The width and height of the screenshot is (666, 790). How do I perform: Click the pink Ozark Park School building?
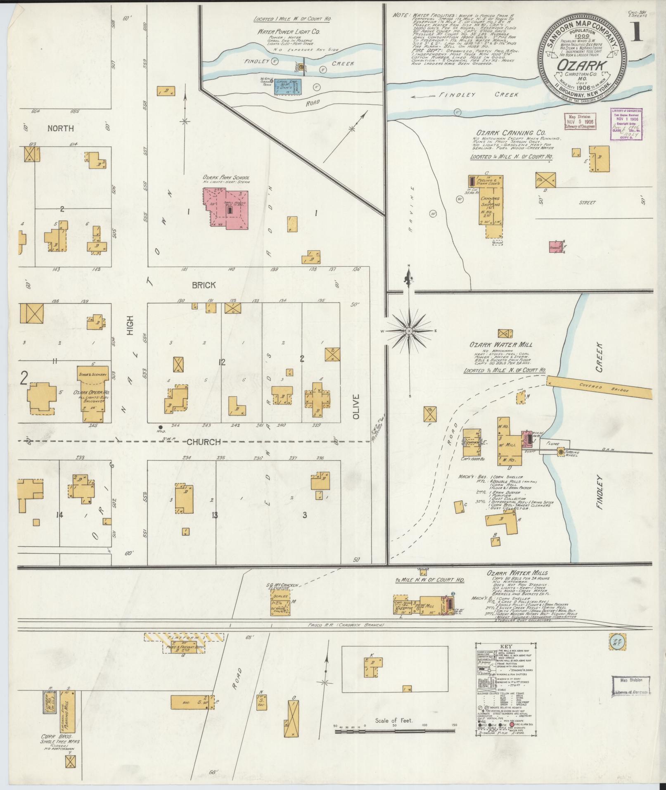225,208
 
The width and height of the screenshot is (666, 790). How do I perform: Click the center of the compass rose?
409,331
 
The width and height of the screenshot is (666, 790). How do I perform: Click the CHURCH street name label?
203,442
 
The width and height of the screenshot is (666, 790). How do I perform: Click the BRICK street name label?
204,285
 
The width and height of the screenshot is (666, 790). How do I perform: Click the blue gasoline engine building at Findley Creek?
288,86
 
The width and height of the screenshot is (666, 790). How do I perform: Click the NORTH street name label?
61,128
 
